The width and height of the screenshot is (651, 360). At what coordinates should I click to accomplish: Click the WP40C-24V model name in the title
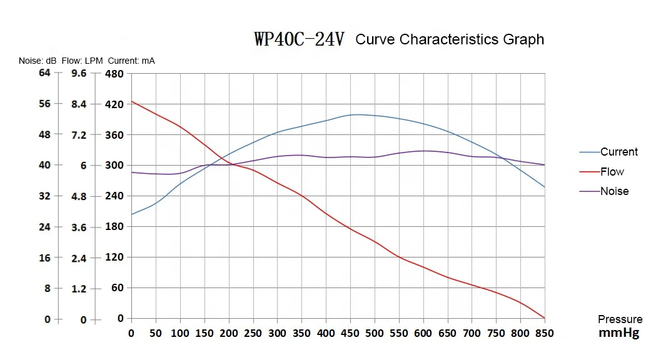tap(299, 39)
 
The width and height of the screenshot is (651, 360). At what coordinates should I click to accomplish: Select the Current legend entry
tap(618, 152)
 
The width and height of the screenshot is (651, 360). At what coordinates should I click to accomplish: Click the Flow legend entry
tap(612, 172)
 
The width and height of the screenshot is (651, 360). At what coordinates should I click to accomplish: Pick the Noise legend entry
tap(614, 191)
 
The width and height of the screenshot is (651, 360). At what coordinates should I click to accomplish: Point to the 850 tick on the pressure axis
tap(545, 334)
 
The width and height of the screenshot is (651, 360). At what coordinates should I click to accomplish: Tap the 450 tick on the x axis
tap(350, 334)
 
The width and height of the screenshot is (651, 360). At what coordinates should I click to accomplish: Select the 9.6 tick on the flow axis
tap(79, 74)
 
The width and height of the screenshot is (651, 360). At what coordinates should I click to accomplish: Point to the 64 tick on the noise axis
tap(44, 73)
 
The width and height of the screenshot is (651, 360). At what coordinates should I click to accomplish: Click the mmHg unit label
tap(619, 333)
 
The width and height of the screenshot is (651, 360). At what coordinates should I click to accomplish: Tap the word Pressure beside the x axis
tap(620, 319)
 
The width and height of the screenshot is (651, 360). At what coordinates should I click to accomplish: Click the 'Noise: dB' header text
tap(38, 61)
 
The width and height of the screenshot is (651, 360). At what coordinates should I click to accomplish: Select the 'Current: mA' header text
tap(131, 61)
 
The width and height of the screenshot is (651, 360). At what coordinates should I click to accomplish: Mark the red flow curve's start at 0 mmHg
tap(131, 101)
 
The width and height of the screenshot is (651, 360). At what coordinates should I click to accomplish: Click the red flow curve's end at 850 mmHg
tap(545, 318)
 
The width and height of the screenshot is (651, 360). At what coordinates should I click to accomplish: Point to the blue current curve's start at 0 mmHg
tap(131, 214)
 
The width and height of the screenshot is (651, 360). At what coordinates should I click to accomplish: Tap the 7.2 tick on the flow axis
tap(79, 135)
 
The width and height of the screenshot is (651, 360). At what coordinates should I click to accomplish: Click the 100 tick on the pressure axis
tap(180, 334)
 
